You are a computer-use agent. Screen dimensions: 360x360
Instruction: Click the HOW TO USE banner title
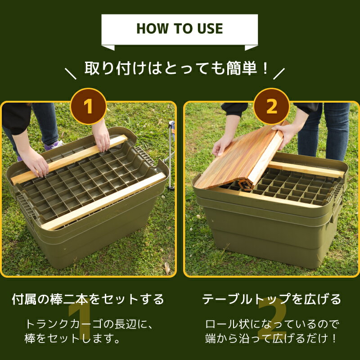(x=180, y=29)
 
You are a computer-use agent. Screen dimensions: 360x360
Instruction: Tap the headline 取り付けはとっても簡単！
(x=177, y=69)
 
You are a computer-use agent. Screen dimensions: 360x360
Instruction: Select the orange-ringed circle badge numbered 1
(x=88, y=107)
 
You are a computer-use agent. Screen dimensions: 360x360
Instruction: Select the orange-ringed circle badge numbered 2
(x=271, y=107)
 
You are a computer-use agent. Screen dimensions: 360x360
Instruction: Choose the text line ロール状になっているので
(x=271, y=324)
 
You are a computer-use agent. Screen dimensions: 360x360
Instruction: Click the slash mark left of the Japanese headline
(x=71, y=74)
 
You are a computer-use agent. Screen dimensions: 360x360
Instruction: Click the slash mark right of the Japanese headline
(x=279, y=73)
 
